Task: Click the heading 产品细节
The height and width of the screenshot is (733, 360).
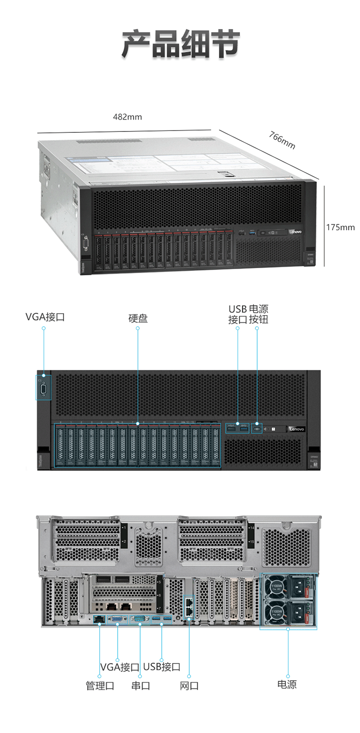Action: coord(180,44)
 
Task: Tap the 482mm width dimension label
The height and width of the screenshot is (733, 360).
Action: coord(127,117)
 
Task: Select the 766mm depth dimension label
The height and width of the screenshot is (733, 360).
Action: coord(282,141)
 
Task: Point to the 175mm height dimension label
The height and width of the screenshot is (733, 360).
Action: coord(340,227)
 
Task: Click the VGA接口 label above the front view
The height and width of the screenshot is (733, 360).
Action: coord(45,317)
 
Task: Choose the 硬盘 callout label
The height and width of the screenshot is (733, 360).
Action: coord(138,318)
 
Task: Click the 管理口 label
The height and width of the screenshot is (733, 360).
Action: coord(100,686)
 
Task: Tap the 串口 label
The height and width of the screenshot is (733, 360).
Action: coord(141,686)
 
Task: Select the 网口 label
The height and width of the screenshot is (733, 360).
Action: coord(189,686)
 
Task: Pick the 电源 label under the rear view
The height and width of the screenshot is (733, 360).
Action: coord(287,684)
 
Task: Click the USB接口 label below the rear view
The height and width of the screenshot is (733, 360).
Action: coord(162,666)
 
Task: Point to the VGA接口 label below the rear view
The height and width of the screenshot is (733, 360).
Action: coord(120,667)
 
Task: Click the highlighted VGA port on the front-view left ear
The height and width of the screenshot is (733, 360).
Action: coord(44,388)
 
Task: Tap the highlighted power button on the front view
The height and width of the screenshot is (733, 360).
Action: coord(257,428)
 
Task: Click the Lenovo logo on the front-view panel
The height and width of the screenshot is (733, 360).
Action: coord(296,429)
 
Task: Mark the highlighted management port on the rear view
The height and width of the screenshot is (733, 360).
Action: coord(99,619)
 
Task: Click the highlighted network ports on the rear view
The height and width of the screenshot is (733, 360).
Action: coord(189,607)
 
